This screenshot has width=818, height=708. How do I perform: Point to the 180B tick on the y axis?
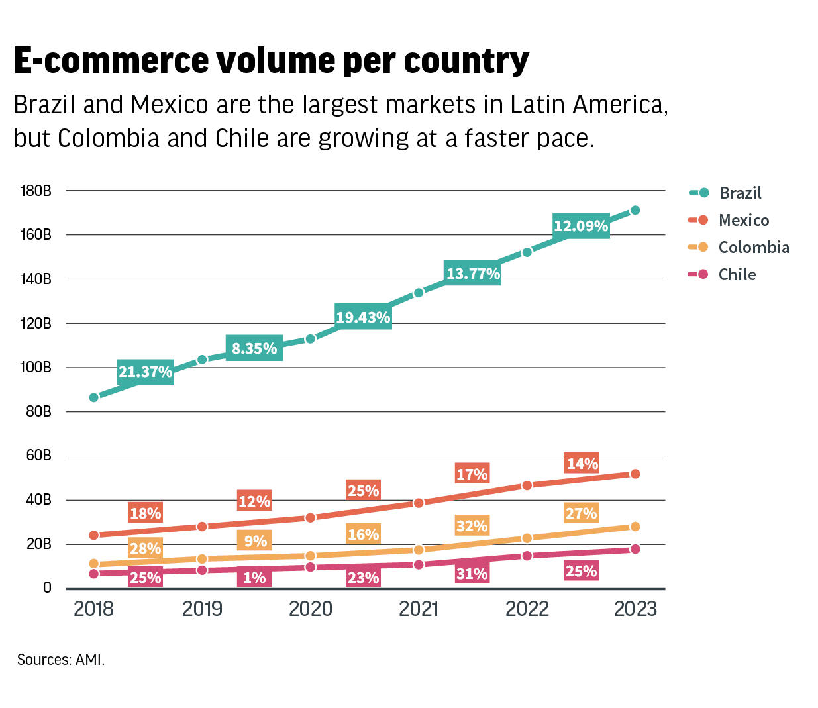click(x=36, y=191)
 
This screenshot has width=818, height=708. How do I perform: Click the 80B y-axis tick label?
click(x=38, y=411)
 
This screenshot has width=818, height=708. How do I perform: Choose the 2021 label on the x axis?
click(x=419, y=609)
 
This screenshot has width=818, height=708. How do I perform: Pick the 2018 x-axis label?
click(x=93, y=609)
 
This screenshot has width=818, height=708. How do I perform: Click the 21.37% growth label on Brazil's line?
click(x=146, y=372)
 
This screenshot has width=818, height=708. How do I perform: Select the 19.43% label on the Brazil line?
click(x=363, y=317)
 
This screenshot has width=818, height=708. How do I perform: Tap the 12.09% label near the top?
click(x=581, y=226)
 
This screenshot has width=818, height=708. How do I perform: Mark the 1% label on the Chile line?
click(x=254, y=578)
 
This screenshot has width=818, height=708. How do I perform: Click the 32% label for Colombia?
click(x=472, y=526)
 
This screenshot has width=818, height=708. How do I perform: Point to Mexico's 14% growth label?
click(x=582, y=464)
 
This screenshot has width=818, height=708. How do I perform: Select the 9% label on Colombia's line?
click(x=255, y=541)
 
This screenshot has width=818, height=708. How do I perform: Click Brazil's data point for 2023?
click(x=635, y=210)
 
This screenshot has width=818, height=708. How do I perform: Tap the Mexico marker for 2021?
click(x=419, y=503)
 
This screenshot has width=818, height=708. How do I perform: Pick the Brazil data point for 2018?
click(x=94, y=397)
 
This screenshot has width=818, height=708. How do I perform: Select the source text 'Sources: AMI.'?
click(x=61, y=660)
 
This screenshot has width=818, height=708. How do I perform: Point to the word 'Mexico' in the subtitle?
click(x=170, y=105)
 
